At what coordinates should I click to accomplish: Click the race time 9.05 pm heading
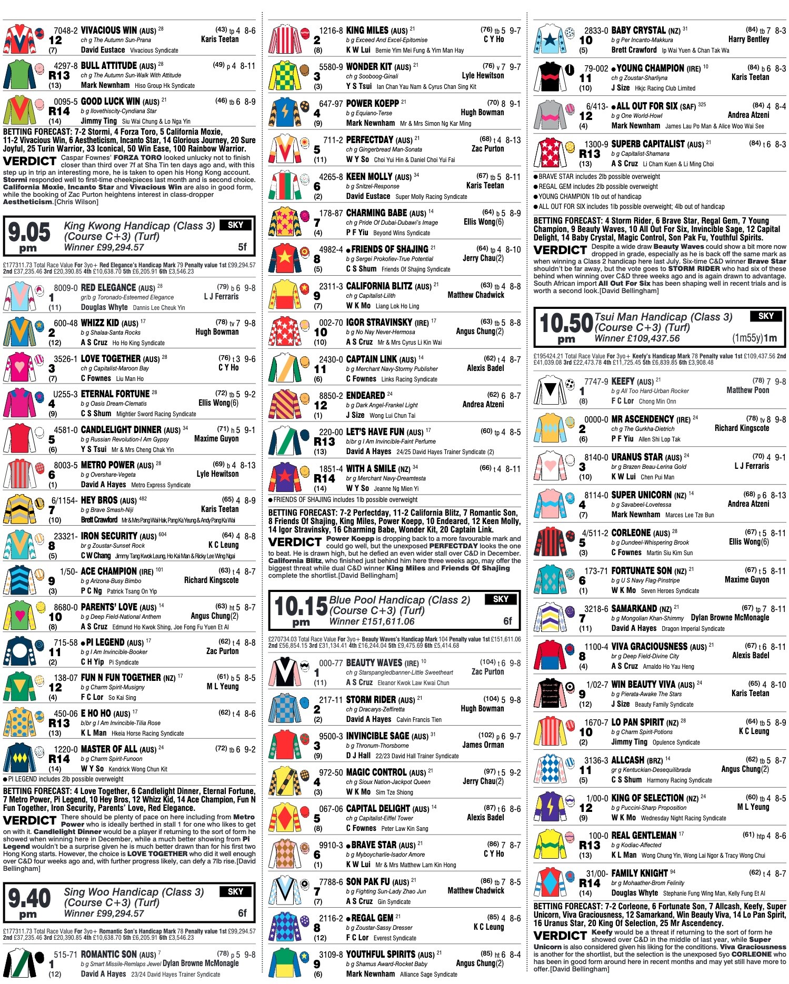[29, 236]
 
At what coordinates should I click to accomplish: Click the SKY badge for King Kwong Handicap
[235, 225]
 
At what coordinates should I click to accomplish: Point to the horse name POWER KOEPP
[372, 104]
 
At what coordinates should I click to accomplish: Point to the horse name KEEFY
[623, 381]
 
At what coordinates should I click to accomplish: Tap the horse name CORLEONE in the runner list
[631, 533]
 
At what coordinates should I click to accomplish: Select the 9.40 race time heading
[29, 902]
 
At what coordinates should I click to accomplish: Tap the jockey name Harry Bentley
[748, 39]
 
